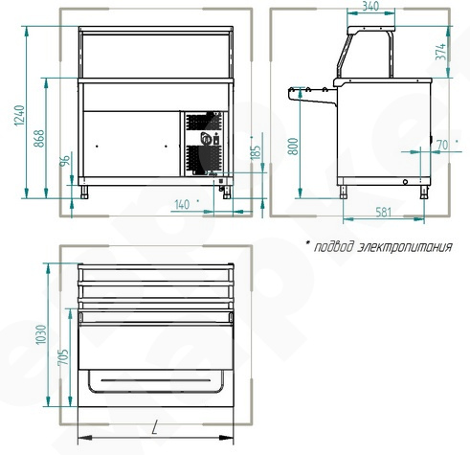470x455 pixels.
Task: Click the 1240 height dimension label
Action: (x=19, y=115)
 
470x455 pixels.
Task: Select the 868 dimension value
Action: (x=39, y=138)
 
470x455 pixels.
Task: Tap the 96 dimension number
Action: (x=65, y=161)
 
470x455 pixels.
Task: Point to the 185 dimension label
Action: (x=256, y=152)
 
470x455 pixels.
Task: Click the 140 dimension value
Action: (x=182, y=205)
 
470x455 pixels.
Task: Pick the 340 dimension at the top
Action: (x=370, y=6)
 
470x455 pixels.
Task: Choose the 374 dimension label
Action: (x=440, y=52)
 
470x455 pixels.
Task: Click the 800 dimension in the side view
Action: (x=293, y=147)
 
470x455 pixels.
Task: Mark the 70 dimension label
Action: (x=442, y=145)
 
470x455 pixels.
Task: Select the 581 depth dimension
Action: (x=383, y=212)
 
